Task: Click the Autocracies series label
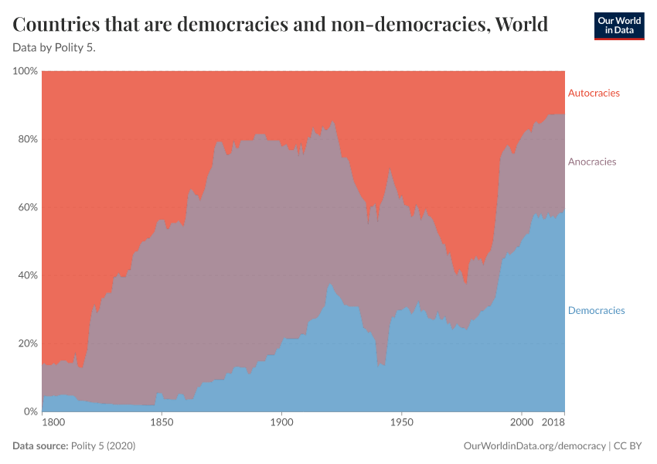coord(594,93)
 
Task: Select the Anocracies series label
coord(592,162)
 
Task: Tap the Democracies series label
coord(596,310)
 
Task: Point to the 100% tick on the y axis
coord(26,71)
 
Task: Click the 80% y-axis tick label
coord(27,139)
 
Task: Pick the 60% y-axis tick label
coord(27,207)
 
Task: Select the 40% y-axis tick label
coord(27,275)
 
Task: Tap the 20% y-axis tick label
coord(27,343)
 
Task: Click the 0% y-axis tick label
coord(30,411)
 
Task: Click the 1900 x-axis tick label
coord(281,423)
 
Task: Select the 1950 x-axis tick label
coord(401,423)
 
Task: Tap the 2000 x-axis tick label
coord(522,423)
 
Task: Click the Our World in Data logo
coord(618,26)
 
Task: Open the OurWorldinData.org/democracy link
coord(534,446)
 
